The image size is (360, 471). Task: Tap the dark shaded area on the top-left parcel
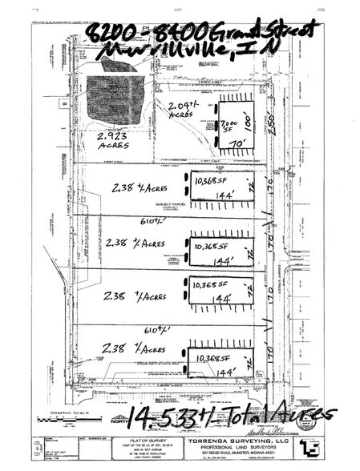point(111,97)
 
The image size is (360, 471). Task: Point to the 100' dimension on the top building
point(261,125)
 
